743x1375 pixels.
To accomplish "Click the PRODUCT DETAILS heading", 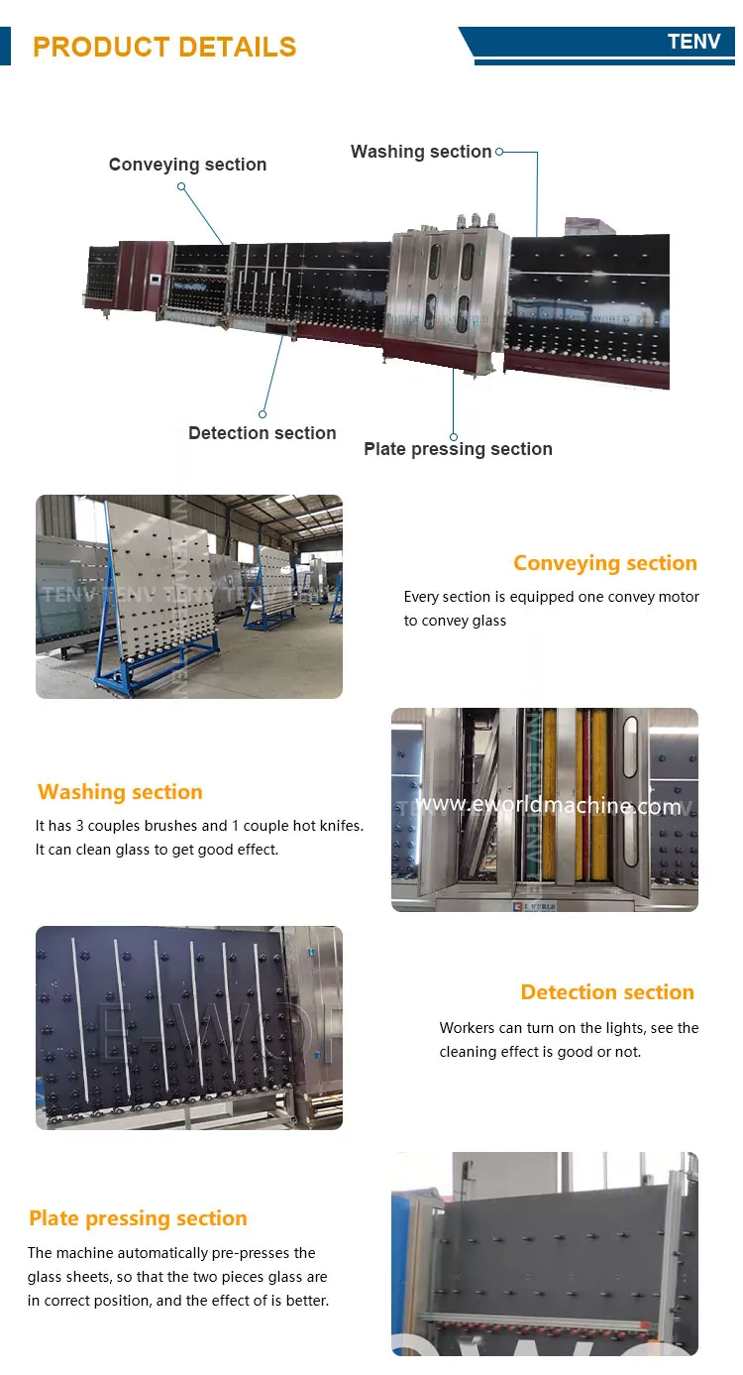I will tap(164, 47).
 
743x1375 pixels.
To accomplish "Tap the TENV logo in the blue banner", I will tap(693, 42).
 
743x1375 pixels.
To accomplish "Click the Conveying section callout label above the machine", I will tap(187, 165).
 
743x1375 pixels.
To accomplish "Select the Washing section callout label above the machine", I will tap(421, 152).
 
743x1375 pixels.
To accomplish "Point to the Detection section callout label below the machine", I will tap(262, 433).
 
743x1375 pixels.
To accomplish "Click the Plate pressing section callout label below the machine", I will tap(458, 449).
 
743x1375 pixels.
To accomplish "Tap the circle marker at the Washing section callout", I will tap(499, 152).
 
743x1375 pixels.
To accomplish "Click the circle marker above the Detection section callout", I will tap(264, 413).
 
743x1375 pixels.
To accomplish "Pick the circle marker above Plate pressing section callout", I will tap(454, 436).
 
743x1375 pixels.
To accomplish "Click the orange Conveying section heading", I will tap(604, 563).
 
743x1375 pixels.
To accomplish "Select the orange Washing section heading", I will tap(120, 792).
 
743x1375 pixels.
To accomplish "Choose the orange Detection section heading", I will tap(607, 992).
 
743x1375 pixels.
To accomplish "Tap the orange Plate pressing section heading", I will tap(138, 1218).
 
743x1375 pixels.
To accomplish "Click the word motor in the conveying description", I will tap(678, 597).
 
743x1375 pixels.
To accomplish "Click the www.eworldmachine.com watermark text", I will tap(548, 805).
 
